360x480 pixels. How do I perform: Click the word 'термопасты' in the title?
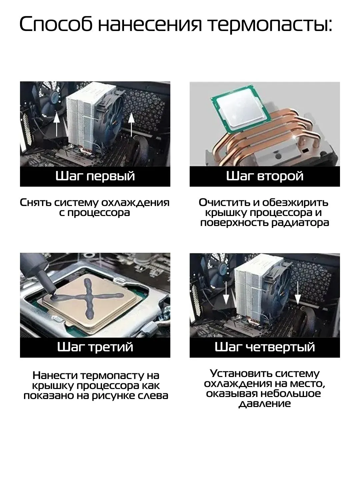[270, 25]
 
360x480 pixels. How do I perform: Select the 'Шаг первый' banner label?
[95, 176]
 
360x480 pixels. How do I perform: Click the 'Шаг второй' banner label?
[265, 176]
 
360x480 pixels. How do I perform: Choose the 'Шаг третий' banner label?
[95, 347]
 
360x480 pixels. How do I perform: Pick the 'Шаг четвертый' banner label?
[265, 347]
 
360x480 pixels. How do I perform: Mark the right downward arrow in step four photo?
[298, 292]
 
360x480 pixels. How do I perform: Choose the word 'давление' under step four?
[265, 404]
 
